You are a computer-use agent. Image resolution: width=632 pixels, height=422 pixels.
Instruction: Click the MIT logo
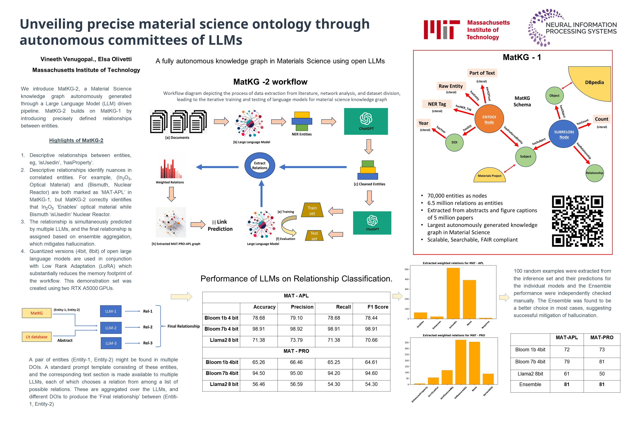(441, 30)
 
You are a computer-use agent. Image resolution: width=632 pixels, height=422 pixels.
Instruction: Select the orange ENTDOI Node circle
(489, 119)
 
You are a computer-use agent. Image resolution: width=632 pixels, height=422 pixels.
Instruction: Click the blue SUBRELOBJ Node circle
(564, 134)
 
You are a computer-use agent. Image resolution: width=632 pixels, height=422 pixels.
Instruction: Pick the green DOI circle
(454, 142)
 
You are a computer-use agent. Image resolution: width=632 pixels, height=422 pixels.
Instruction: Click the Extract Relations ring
(259, 166)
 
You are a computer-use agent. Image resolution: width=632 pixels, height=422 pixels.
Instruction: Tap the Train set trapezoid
(312, 210)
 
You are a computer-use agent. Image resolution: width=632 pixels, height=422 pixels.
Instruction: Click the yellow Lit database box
(37, 337)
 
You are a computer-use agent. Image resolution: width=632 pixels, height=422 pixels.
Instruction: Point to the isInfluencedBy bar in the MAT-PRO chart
(447, 377)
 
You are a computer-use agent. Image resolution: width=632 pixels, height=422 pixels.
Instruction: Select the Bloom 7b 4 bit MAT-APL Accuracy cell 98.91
(259, 329)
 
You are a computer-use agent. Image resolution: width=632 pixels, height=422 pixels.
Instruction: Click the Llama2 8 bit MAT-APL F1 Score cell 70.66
(371, 340)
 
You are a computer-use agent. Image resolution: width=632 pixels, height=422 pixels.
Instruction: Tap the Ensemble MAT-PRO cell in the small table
(602, 384)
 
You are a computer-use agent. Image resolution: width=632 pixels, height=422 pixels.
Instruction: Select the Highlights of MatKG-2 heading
(76, 140)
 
